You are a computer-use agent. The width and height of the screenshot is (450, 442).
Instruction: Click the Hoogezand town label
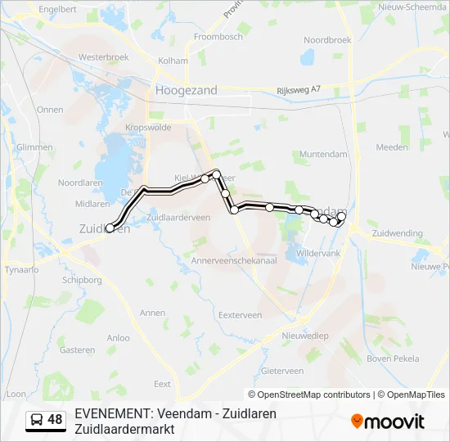(x=187, y=90)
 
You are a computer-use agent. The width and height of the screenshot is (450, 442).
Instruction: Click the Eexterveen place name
(x=240, y=314)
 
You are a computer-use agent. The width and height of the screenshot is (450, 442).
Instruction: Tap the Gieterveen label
(x=281, y=370)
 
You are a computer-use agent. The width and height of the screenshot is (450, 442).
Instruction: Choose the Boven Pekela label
(x=393, y=359)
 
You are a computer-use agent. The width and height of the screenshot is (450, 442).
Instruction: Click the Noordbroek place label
(x=327, y=39)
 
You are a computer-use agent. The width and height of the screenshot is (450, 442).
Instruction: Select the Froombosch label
(x=218, y=37)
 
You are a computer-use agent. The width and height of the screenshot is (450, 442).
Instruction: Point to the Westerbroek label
(x=104, y=57)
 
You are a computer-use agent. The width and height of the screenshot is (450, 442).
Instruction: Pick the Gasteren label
(x=77, y=350)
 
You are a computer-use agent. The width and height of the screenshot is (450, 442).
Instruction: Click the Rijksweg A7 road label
(x=299, y=90)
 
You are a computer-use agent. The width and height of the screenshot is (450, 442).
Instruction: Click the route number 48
(x=55, y=420)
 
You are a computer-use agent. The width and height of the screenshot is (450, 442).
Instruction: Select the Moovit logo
(x=388, y=422)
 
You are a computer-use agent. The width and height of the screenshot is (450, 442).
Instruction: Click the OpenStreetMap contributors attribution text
(x=314, y=395)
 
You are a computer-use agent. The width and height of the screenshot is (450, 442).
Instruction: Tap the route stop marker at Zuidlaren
(x=110, y=228)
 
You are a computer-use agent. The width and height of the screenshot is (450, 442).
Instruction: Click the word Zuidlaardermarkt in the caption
(x=124, y=428)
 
